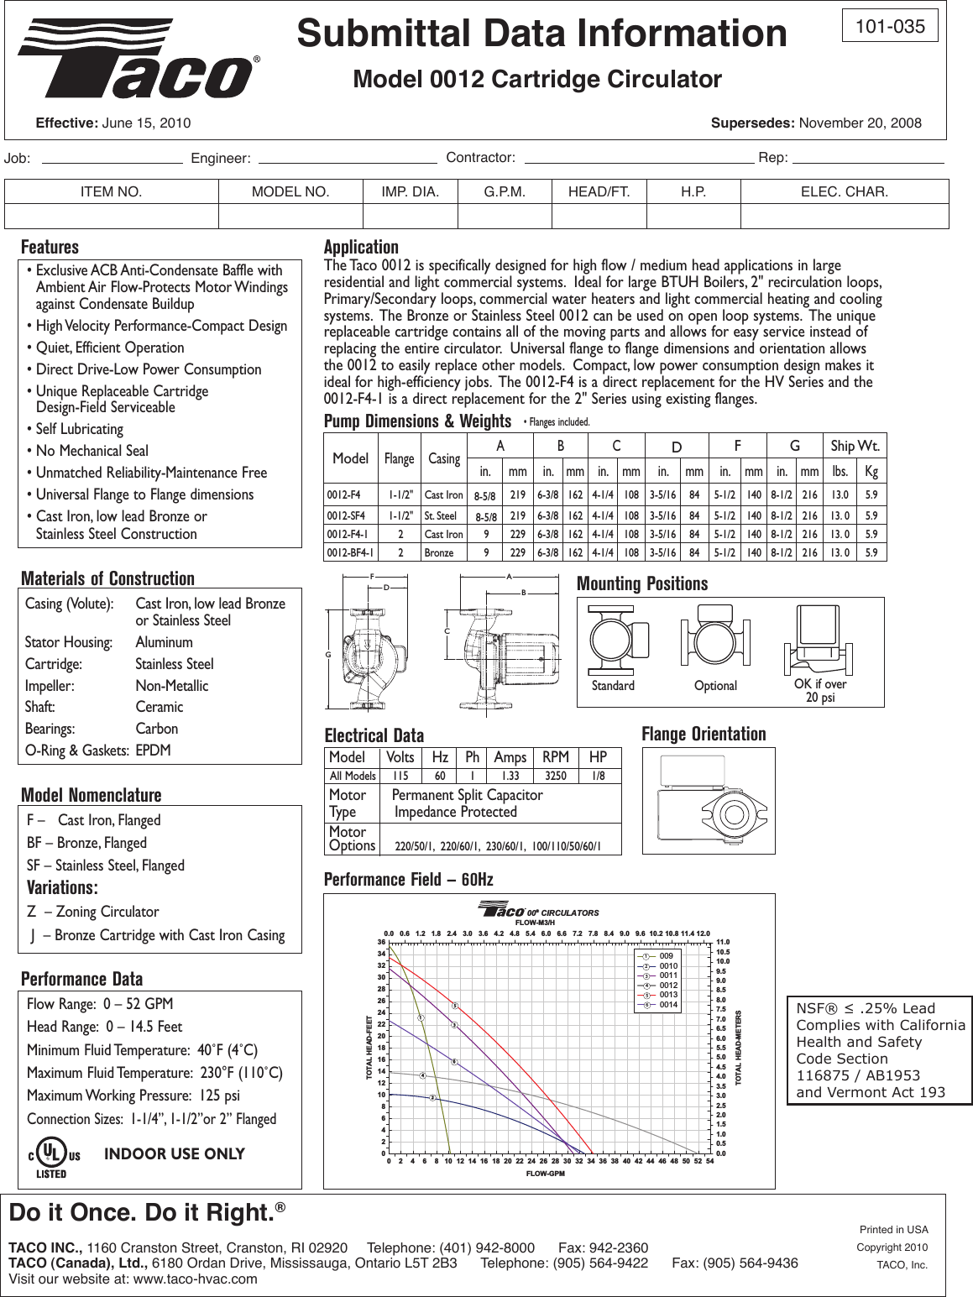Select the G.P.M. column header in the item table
click(x=505, y=192)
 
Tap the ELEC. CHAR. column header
click(x=845, y=192)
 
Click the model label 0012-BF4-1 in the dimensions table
click(x=351, y=553)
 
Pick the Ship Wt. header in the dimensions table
click(x=855, y=445)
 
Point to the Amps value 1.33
click(x=510, y=777)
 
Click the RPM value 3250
click(x=556, y=777)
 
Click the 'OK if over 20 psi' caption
click(x=820, y=691)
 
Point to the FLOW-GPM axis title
click(x=545, y=1173)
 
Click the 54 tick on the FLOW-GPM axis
click(x=710, y=1160)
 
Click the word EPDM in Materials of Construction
click(x=154, y=750)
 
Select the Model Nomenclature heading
click(x=91, y=795)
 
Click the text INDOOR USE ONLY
click(x=174, y=1154)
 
